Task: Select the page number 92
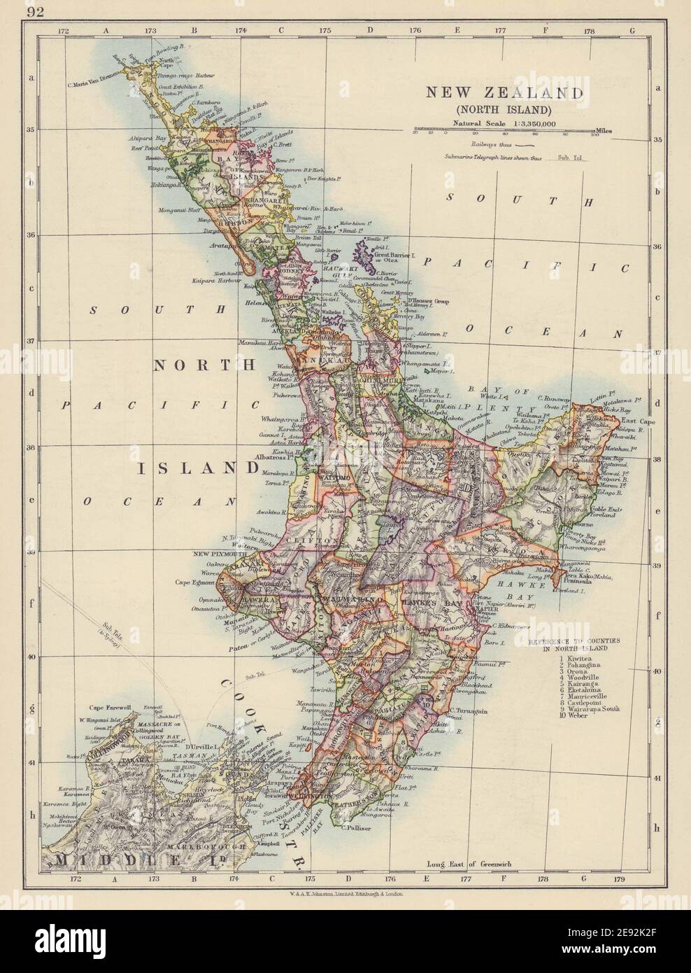33,10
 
